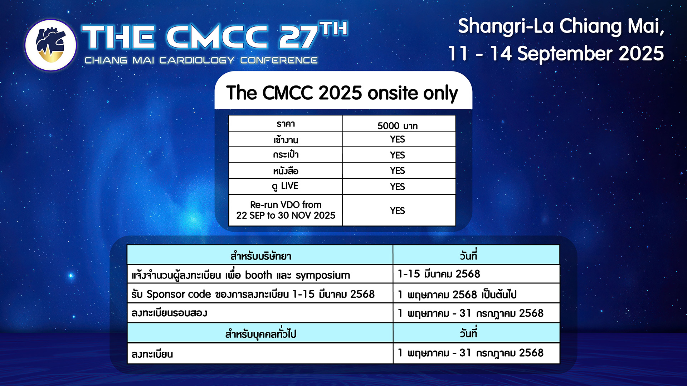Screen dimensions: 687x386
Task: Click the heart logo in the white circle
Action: [50, 45]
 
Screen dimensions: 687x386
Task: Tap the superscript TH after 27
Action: [333, 29]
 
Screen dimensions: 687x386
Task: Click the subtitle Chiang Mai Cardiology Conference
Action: [201, 60]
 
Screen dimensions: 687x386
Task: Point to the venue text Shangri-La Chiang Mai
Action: [561, 26]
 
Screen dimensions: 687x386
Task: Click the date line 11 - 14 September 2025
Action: [556, 54]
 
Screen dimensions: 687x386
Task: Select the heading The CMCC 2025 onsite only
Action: [342, 93]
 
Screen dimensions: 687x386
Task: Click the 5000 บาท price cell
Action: [399, 123]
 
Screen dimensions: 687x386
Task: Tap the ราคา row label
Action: [286, 123]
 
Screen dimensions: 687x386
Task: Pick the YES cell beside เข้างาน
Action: [399, 139]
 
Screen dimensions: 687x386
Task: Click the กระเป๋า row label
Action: [286, 154]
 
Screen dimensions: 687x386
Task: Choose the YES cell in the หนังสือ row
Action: [399, 170]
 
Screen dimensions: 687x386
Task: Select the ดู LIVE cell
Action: [286, 186]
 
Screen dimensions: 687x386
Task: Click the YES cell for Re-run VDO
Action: [399, 211]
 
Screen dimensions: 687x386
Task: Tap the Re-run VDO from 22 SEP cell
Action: [286, 210]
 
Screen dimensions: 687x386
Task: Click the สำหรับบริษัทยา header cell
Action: [260, 255]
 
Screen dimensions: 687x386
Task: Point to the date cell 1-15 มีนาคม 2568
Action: [476, 274]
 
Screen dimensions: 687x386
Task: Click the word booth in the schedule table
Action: [258, 275]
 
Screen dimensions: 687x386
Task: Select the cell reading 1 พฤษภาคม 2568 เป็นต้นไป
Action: [476, 293]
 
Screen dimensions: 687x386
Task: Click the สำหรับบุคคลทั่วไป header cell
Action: [260, 333]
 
